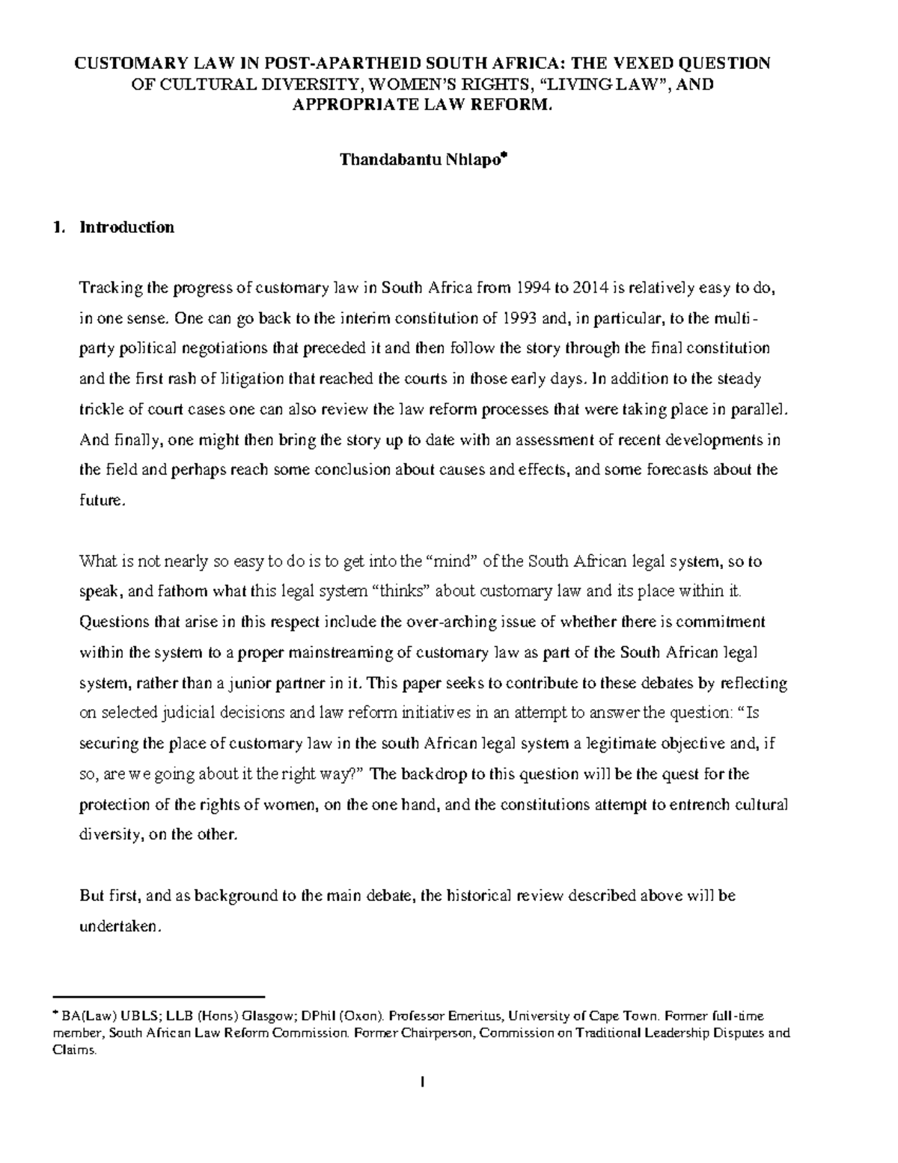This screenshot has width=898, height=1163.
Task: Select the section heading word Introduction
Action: pyautogui.click(x=126, y=227)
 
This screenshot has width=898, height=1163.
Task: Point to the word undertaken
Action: pyautogui.click(x=118, y=926)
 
